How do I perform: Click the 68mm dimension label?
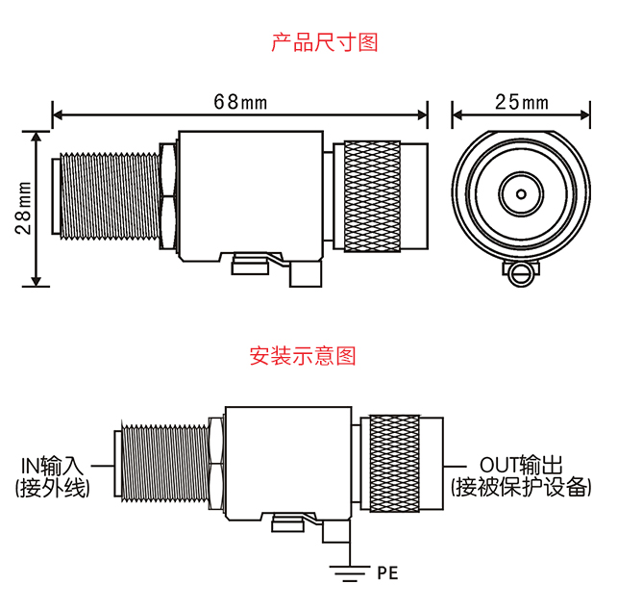pos(240,101)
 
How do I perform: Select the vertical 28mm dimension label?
pos(24,209)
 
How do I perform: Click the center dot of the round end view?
pos(520,192)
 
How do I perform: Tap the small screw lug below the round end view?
pos(520,275)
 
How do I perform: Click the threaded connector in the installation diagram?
pos(163,466)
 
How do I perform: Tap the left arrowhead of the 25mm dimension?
pos(456,116)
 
